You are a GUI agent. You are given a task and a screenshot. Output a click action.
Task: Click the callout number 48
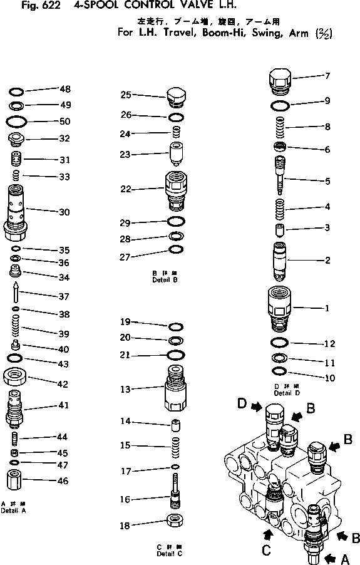[65, 89]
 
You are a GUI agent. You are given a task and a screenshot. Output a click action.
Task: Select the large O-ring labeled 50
[16, 121]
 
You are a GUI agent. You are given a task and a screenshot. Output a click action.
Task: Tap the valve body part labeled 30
[16, 212]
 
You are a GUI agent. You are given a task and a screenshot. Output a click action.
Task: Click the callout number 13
[125, 389]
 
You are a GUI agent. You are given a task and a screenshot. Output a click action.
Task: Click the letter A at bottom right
[344, 556]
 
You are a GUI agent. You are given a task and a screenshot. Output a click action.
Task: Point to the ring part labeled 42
[16, 379]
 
